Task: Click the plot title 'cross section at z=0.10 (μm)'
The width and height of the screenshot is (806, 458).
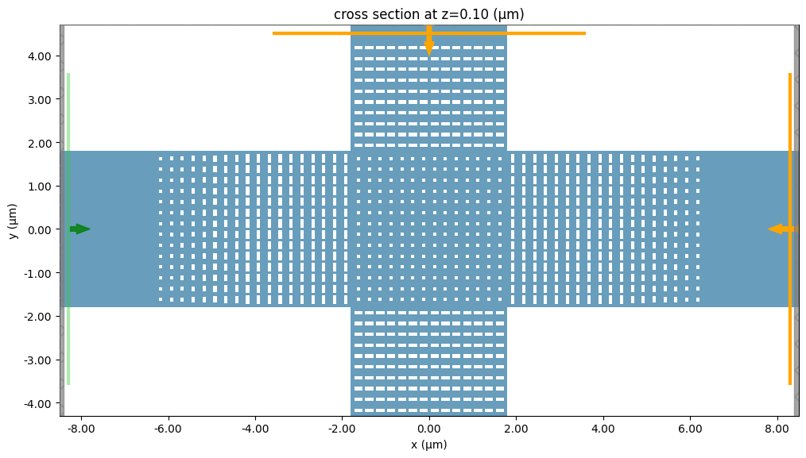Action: click(428, 14)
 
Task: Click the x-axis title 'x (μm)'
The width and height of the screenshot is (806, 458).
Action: click(428, 445)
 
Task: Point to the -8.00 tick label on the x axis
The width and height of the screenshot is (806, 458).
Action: click(80, 429)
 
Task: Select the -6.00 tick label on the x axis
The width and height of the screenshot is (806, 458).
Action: click(167, 429)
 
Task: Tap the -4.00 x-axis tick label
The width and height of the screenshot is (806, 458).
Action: click(254, 429)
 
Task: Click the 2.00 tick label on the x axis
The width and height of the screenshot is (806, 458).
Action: click(516, 429)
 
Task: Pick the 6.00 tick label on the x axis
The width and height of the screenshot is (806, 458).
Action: click(690, 429)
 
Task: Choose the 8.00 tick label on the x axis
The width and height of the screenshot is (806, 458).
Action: click(777, 429)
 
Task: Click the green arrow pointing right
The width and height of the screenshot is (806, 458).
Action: click(80, 229)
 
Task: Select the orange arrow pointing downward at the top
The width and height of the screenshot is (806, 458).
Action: click(429, 43)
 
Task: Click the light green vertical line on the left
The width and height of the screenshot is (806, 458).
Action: click(68, 159)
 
